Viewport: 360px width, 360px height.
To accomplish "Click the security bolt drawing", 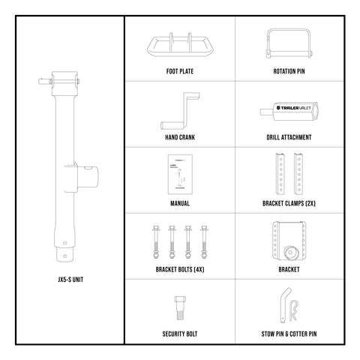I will click(x=179, y=307).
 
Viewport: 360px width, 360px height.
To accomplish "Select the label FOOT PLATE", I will click(x=179, y=73).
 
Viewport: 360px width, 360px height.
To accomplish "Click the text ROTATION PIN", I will click(x=289, y=73).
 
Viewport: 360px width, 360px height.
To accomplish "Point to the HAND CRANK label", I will click(x=179, y=138).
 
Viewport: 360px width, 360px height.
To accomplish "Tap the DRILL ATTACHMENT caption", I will click(x=289, y=138).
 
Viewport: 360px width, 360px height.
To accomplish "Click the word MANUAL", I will click(x=179, y=203).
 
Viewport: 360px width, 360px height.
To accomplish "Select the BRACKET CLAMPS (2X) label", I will click(x=289, y=203).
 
